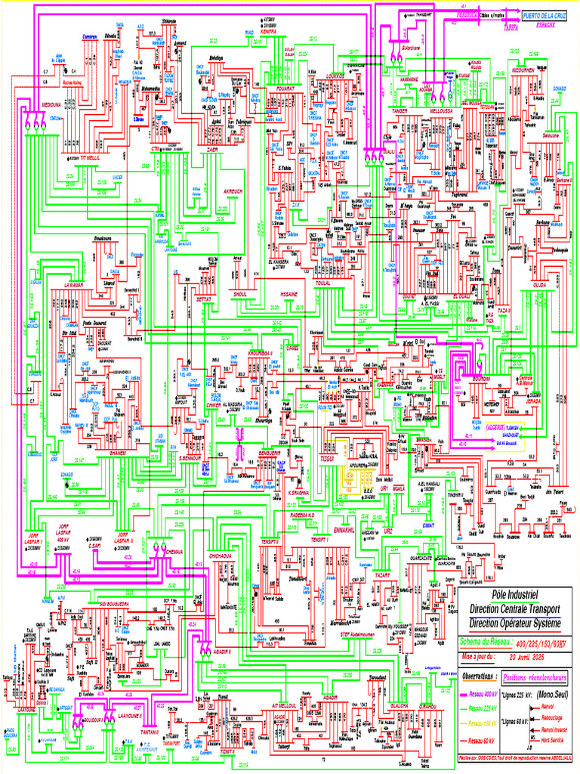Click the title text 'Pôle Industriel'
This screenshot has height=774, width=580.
[x=508, y=595]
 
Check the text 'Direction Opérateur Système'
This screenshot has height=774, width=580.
[x=516, y=624]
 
